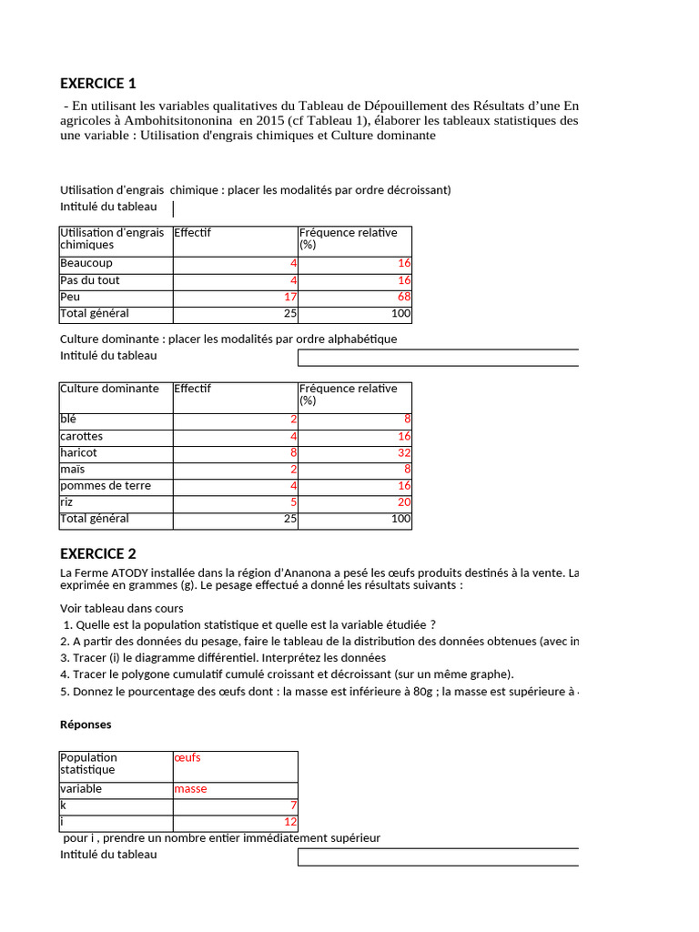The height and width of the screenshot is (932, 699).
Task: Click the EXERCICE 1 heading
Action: [x=98, y=84]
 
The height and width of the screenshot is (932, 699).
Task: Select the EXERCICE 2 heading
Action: [x=98, y=553]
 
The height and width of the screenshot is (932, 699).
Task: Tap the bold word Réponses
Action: [x=86, y=724]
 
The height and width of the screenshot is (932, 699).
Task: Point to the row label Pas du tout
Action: [x=90, y=280]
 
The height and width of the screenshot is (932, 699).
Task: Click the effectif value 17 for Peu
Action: [x=290, y=298]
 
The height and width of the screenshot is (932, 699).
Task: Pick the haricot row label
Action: [x=79, y=452]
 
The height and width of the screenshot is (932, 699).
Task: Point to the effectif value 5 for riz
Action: [x=293, y=502]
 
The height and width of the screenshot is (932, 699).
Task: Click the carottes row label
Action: [x=82, y=436]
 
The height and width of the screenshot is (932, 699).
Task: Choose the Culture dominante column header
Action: [x=109, y=389]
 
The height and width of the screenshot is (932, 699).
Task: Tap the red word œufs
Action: [x=187, y=757]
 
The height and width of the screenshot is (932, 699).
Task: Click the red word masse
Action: [x=190, y=789]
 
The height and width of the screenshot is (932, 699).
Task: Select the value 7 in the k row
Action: [x=293, y=805]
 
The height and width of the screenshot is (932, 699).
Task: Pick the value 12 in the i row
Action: [x=290, y=823]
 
